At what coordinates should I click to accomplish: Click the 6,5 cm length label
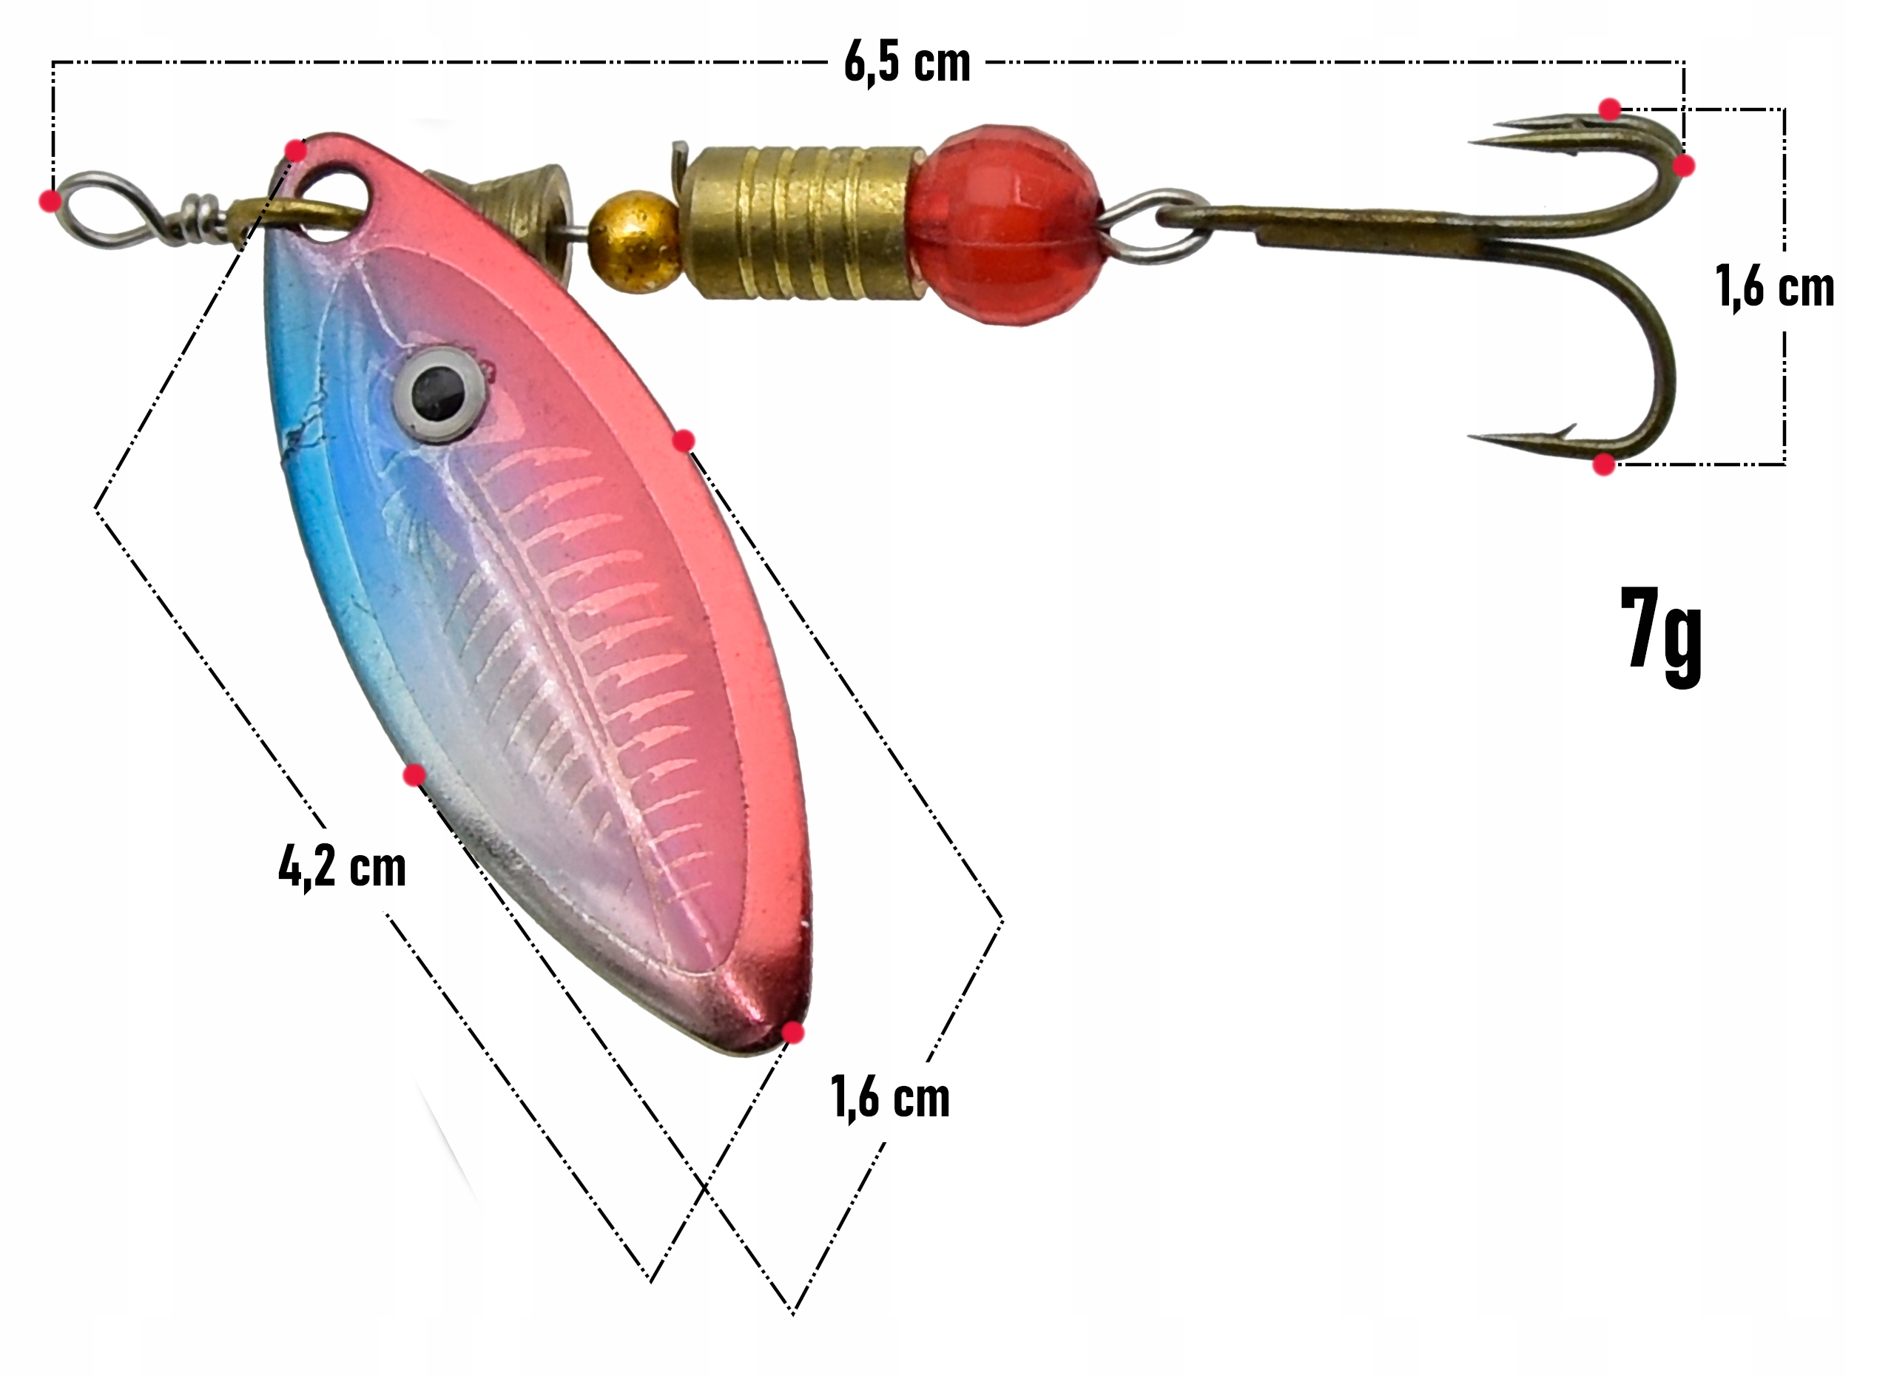point(907,62)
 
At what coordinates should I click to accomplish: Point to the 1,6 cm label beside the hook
point(1776,287)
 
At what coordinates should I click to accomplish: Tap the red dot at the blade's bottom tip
point(792,1033)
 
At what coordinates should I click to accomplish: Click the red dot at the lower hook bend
point(1603,465)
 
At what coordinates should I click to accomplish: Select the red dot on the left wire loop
point(50,200)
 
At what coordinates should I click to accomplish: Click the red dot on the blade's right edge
point(683,440)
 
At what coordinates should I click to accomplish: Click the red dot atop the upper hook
point(1610,109)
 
